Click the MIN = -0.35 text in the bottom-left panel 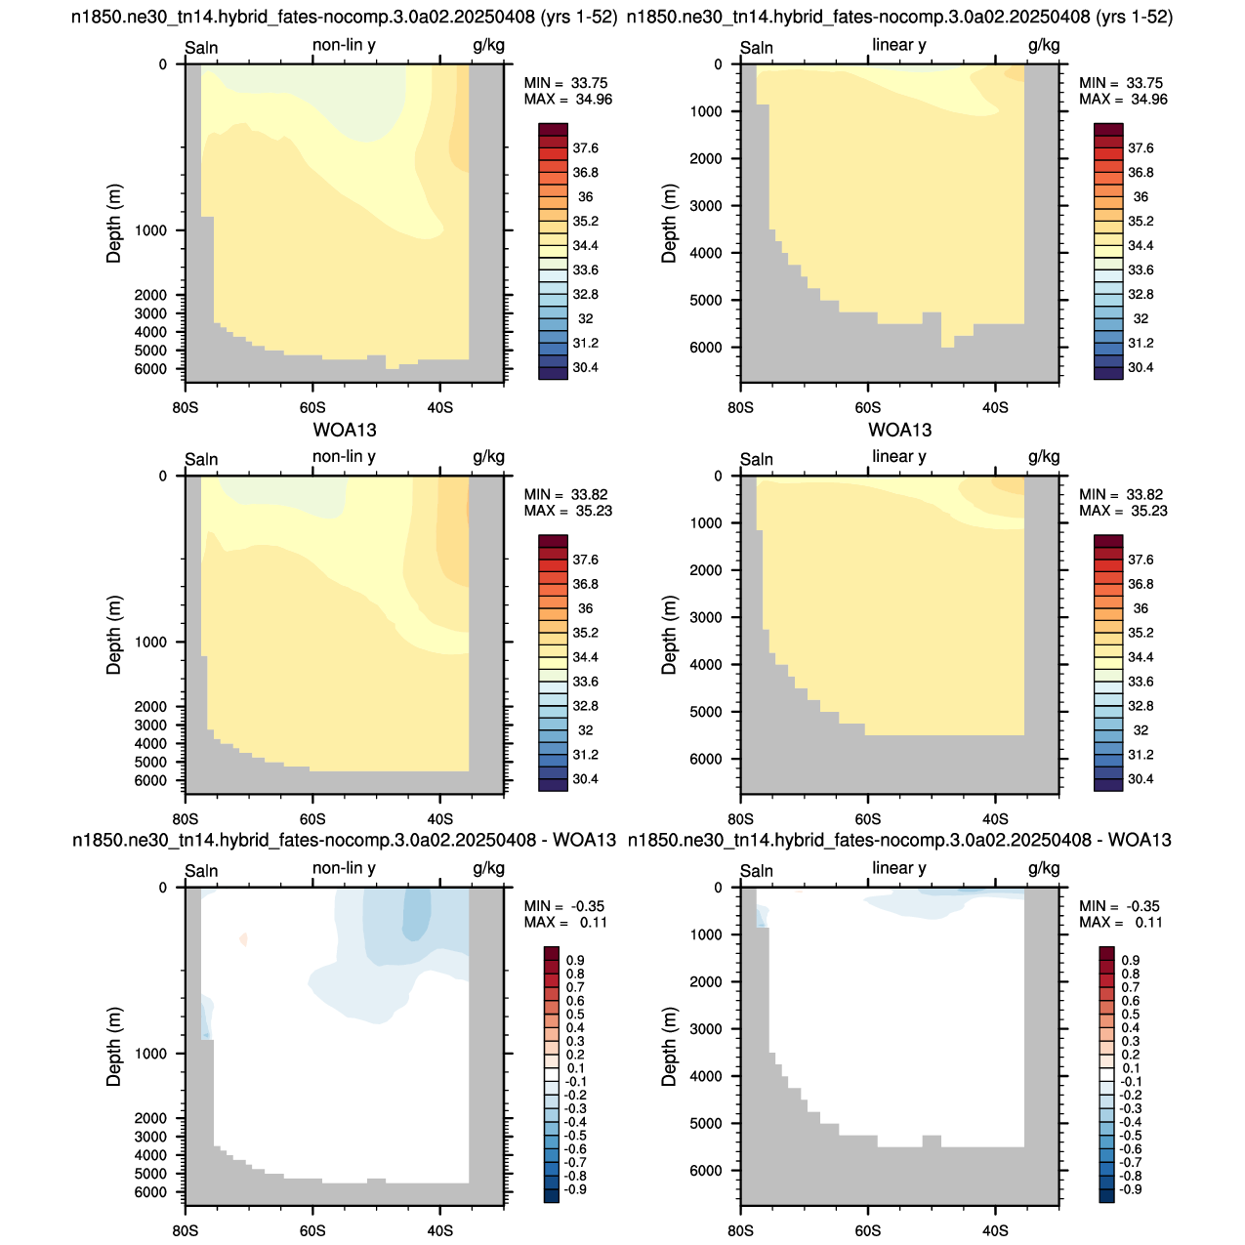(x=563, y=906)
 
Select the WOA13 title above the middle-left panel (x=345, y=430)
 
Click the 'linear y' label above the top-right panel (x=898, y=45)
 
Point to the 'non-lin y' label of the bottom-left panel (x=344, y=868)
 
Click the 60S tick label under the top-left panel (x=312, y=408)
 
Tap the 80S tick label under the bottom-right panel (x=740, y=1230)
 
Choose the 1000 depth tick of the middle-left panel (x=150, y=642)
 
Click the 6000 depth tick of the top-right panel (x=706, y=347)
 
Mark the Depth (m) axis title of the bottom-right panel (x=668, y=1046)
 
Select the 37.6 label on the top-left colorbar (x=585, y=148)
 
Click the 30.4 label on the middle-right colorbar (x=1141, y=778)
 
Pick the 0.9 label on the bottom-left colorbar (x=575, y=960)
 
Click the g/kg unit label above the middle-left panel (x=488, y=457)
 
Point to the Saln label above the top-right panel (x=757, y=48)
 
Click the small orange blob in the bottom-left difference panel (x=243, y=938)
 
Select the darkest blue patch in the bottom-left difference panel (x=417, y=913)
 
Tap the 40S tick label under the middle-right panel (x=995, y=819)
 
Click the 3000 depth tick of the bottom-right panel (x=706, y=1028)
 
